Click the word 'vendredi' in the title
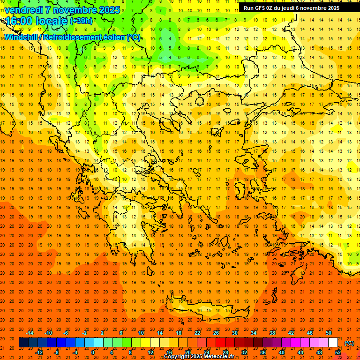[23, 10]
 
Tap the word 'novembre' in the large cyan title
[75, 10]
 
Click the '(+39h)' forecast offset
[81, 21]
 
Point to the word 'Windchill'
[21, 37]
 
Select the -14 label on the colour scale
[29, 333]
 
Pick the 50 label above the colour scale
[328, 333]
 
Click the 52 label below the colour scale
[337, 352]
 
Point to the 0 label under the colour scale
[93, 352]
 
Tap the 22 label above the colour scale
[197, 333]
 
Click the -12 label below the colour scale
[39, 352]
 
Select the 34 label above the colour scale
[253, 333]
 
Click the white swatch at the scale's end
[333, 343]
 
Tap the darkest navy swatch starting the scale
[23, 343]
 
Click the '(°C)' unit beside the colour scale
[349, 343]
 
